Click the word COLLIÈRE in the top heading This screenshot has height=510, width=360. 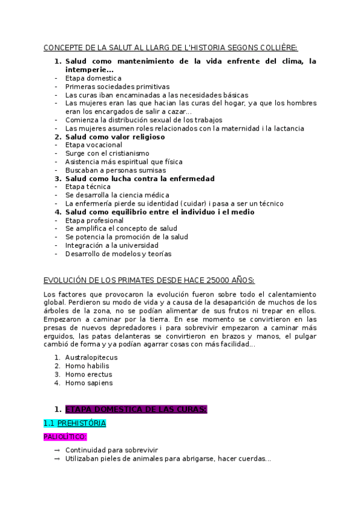pos(278,48)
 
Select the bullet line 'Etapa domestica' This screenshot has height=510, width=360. pos(93,78)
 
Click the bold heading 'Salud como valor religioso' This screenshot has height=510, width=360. pos(115,137)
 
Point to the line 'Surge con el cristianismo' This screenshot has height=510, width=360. pos(107,153)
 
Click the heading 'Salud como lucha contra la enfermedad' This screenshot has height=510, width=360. pos(139,179)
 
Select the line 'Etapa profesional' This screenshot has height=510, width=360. pos(94,220)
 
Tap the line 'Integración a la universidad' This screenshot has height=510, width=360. pos(112,245)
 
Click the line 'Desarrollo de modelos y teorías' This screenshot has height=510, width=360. pos(118,254)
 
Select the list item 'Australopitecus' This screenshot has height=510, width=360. pos(91,357)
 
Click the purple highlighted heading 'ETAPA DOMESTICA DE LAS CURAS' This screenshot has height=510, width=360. pos(136,410)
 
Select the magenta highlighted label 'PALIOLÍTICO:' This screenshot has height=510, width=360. pos(66,437)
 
